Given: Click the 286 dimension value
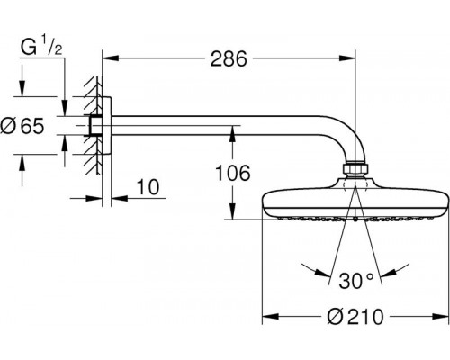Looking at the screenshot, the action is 229,58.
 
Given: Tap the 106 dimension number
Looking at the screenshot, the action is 233,173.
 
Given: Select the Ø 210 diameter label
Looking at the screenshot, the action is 355,317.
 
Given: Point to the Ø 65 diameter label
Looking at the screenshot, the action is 22,126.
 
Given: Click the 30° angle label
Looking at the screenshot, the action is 356,281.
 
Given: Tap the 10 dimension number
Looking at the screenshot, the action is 148,187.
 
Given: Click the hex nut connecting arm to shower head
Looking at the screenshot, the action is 355,168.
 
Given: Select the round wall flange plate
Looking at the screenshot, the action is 107,126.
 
